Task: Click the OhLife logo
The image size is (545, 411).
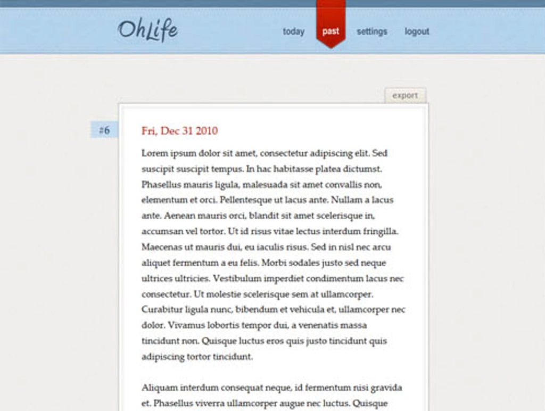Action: click(147, 30)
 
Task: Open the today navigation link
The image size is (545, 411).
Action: click(293, 31)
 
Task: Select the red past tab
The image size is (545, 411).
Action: click(331, 31)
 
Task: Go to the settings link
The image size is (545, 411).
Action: click(371, 31)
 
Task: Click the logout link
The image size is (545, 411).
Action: click(417, 31)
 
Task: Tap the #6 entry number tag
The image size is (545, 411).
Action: click(104, 130)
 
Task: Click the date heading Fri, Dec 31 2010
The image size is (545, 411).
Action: click(179, 131)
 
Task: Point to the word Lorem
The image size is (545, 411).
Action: click(154, 153)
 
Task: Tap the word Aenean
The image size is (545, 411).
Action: click(177, 216)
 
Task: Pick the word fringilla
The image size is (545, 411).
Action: click(379, 232)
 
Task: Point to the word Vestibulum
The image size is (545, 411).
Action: click(239, 278)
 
